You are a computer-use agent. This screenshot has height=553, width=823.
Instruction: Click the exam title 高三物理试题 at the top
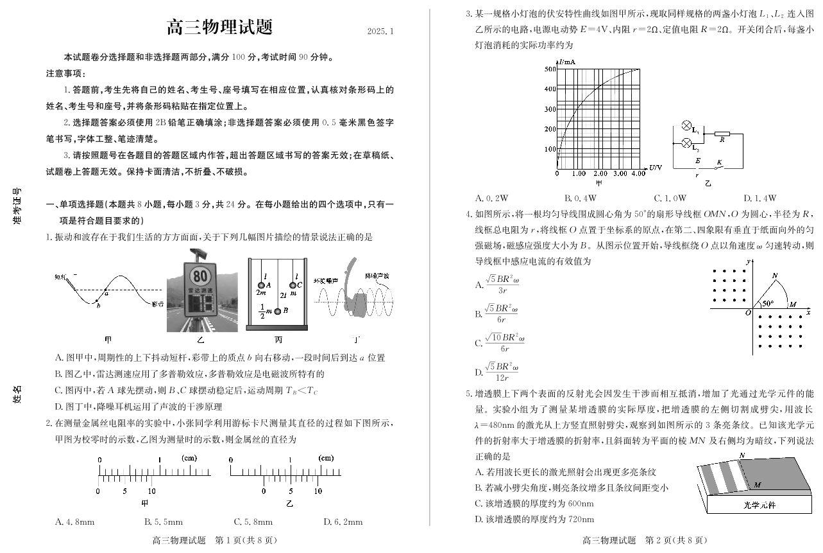click(219, 28)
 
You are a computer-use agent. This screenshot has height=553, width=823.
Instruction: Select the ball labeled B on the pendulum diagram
click(278, 312)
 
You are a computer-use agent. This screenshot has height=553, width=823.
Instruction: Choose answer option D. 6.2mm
click(343, 522)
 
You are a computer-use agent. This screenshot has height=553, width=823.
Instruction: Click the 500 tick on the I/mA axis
click(550, 69)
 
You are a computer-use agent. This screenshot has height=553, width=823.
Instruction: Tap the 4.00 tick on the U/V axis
click(638, 173)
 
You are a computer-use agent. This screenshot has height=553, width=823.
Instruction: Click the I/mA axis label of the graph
click(566, 62)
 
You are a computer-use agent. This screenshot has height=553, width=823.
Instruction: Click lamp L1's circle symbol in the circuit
click(686, 126)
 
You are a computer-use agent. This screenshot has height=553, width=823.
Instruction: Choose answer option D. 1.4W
click(760, 198)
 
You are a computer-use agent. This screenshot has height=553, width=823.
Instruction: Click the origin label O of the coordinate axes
click(747, 313)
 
